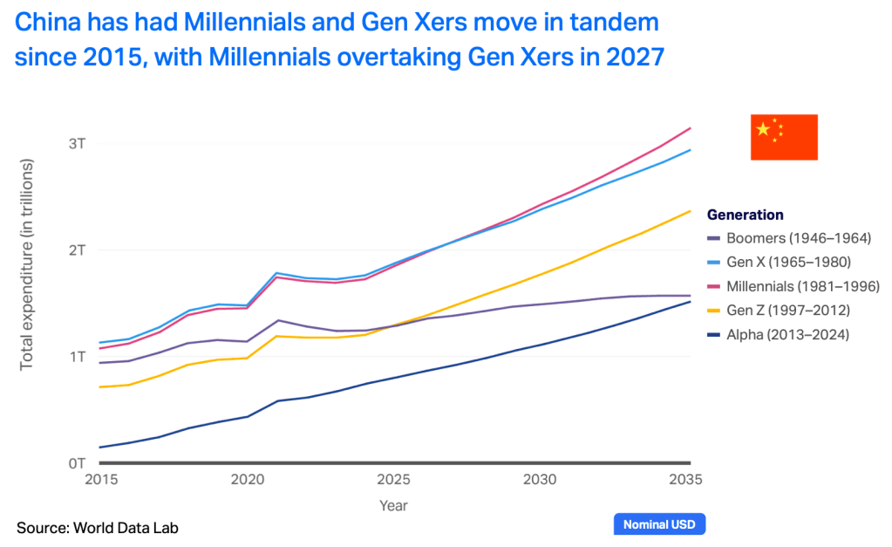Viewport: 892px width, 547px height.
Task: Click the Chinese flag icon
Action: coord(784,137)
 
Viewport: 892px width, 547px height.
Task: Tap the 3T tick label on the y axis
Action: coord(76,143)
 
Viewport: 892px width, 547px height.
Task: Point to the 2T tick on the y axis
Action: coord(76,250)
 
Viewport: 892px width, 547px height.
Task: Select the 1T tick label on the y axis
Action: coord(76,357)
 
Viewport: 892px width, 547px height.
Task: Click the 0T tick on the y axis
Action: coord(76,463)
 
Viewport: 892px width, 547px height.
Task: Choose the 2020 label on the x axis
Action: coord(248,479)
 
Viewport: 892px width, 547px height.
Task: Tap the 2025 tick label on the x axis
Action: coord(395,479)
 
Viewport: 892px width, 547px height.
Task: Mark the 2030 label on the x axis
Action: coord(541,479)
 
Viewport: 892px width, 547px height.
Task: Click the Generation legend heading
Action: coord(745,215)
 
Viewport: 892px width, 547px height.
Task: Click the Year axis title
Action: coord(393,505)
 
